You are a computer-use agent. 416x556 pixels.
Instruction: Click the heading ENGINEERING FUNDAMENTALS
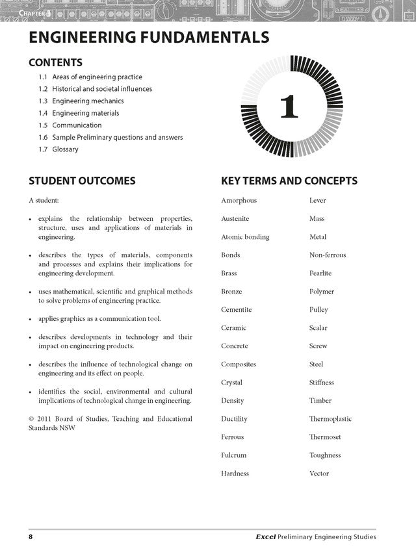[149, 37]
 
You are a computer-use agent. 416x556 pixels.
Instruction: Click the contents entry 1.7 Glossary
[58, 149]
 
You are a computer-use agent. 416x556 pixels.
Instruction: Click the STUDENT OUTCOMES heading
[82, 181]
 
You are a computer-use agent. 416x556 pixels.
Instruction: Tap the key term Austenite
[235, 219]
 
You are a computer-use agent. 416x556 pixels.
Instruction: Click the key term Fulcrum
[233, 455]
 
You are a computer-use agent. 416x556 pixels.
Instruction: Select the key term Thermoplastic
[330, 419]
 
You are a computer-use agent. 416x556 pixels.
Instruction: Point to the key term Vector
[319, 474]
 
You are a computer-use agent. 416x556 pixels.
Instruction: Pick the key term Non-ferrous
[328, 255]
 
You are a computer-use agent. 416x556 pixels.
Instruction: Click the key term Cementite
[236, 310]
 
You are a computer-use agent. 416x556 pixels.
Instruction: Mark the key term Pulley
[318, 310]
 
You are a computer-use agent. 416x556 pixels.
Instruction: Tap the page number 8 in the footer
[31, 537]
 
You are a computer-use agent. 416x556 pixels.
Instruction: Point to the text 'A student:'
[44, 201]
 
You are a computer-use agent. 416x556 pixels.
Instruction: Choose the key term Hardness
[235, 474]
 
